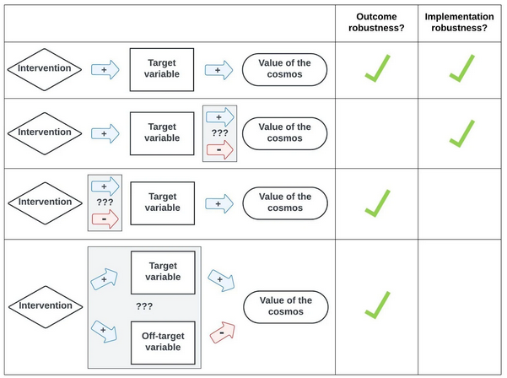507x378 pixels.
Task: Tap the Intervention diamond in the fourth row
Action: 46,306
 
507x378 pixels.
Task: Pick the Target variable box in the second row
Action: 162,132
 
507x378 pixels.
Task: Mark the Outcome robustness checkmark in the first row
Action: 378,68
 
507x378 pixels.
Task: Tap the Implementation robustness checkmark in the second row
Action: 461,132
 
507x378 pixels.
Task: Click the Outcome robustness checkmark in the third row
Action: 378,202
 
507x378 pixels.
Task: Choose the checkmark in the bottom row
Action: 378,305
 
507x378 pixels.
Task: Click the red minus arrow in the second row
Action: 219,149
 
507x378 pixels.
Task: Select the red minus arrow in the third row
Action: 105,219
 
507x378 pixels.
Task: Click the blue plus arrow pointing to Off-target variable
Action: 105,331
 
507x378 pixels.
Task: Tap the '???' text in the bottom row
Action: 143,305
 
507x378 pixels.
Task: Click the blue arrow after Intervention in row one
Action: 105,70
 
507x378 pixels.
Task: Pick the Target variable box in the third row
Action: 162,202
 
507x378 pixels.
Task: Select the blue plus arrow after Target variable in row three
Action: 219,202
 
